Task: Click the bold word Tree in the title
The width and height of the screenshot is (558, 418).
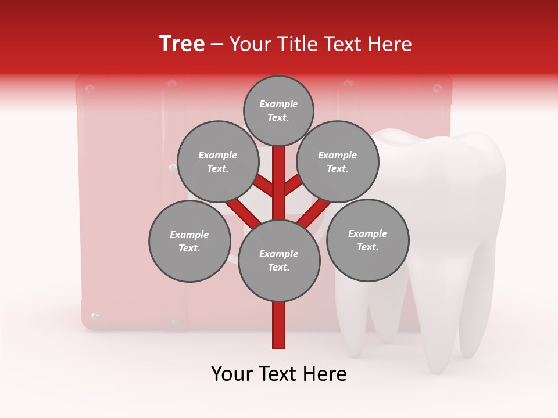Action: [x=182, y=44]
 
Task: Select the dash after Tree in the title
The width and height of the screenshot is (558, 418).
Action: [x=217, y=45]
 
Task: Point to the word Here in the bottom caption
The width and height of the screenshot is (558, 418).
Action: [x=325, y=374]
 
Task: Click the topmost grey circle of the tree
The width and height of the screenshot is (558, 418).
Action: [x=278, y=111]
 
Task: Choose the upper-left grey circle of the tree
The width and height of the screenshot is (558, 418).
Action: [x=217, y=162]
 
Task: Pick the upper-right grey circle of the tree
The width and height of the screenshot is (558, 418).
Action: [x=338, y=162]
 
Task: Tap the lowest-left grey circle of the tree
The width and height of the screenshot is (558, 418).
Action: [x=189, y=242]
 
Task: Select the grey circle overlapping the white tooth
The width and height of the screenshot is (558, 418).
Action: [x=368, y=240]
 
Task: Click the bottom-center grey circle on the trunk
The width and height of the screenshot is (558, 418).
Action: [x=279, y=261]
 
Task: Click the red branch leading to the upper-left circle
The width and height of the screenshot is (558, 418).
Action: [x=263, y=186]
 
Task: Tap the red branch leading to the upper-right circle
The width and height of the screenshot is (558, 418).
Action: [x=294, y=186]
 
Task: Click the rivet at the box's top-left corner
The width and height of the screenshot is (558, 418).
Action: [x=90, y=89]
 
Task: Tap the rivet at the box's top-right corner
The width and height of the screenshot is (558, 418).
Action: [x=437, y=88]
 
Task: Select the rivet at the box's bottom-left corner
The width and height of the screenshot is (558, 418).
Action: [x=96, y=316]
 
